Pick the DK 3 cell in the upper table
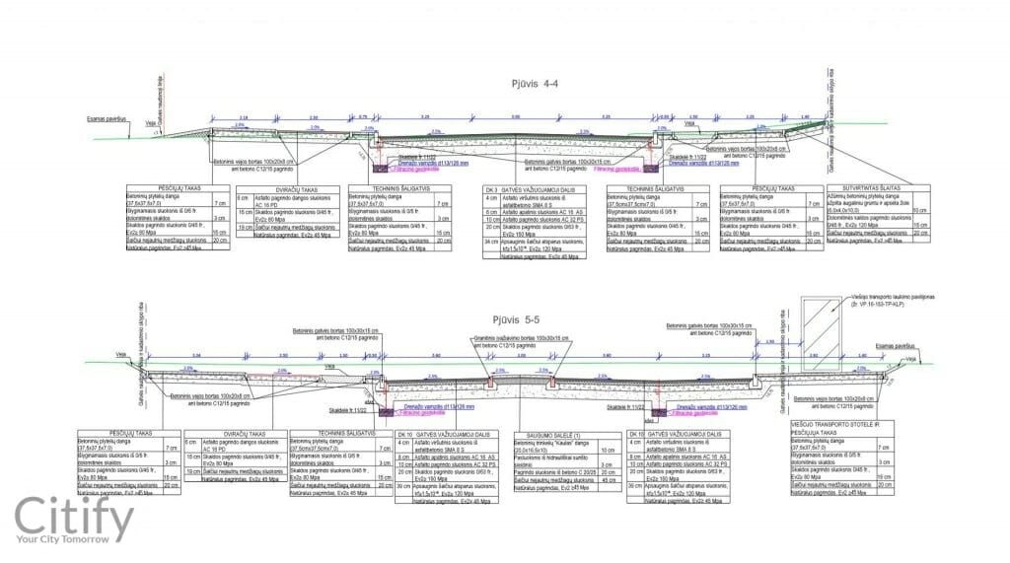tap(490, 187)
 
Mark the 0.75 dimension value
tap(362, 117)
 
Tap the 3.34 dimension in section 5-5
tap(196, 354)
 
